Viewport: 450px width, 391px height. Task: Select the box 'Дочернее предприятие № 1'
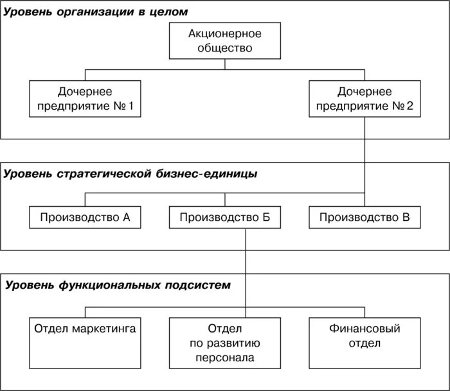pyautogui.click(x=85, y=98)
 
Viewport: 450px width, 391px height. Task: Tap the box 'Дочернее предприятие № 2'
pyautogui.click(x=365, y=98)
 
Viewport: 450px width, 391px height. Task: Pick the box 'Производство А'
pyautogui.click(x=85, y=217)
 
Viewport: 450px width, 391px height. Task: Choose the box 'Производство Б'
pyautogui.click(x=225, y=217)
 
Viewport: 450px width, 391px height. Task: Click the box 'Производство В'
pyautogui.click(x=364, y=217)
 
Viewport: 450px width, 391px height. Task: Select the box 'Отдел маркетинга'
pyautogui.click(x=85, y=343)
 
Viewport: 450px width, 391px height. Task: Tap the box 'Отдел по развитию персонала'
pyautogui.click(x=225, y=343)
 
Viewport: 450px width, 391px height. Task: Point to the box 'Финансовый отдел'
pyautogui.click(x=364, y=343)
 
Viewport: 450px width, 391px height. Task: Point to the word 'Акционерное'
pyautogui.click(x=225, y=33)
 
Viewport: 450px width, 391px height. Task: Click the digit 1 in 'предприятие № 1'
pyautogui.click(x=131, y=106)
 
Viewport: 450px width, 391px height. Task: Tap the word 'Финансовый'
pyautogui.click(x=364, y=329)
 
